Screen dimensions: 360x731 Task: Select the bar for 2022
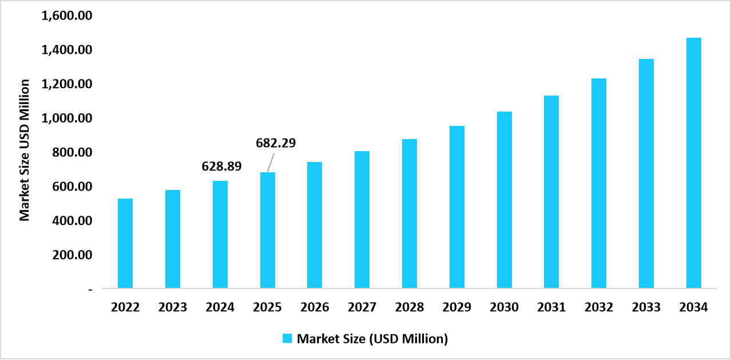(x=125, y=243)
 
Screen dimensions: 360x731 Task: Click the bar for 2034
(x=694, y=163)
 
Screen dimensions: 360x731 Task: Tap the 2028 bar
(x=410, y=213)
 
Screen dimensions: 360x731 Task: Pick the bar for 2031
(x=551, y=192)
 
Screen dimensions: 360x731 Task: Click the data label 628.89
(x=221, y=167)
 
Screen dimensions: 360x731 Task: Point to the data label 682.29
(x=276, y=143)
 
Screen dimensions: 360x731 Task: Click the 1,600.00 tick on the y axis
(x=67, y=16)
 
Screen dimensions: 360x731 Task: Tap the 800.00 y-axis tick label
(x=71, y=153)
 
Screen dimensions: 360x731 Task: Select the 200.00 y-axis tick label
(x=71, y=255)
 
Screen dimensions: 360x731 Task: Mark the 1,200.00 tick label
(x=67, y=85)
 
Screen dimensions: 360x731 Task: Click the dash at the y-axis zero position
(x=90, y=290)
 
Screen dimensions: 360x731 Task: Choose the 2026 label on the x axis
(x=315, y=307)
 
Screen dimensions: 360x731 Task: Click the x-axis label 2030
(x=504, y=307)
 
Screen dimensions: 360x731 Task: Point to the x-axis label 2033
(x=646, y=307)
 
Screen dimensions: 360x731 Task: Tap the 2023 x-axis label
(x=173, y=307)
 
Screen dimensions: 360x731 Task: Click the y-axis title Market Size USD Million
(x=25, y=150)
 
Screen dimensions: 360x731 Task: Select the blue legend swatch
(x=288, y=338)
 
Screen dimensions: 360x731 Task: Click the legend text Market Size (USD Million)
(x=372, y=338)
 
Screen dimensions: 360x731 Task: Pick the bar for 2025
(x=268, y=230)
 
